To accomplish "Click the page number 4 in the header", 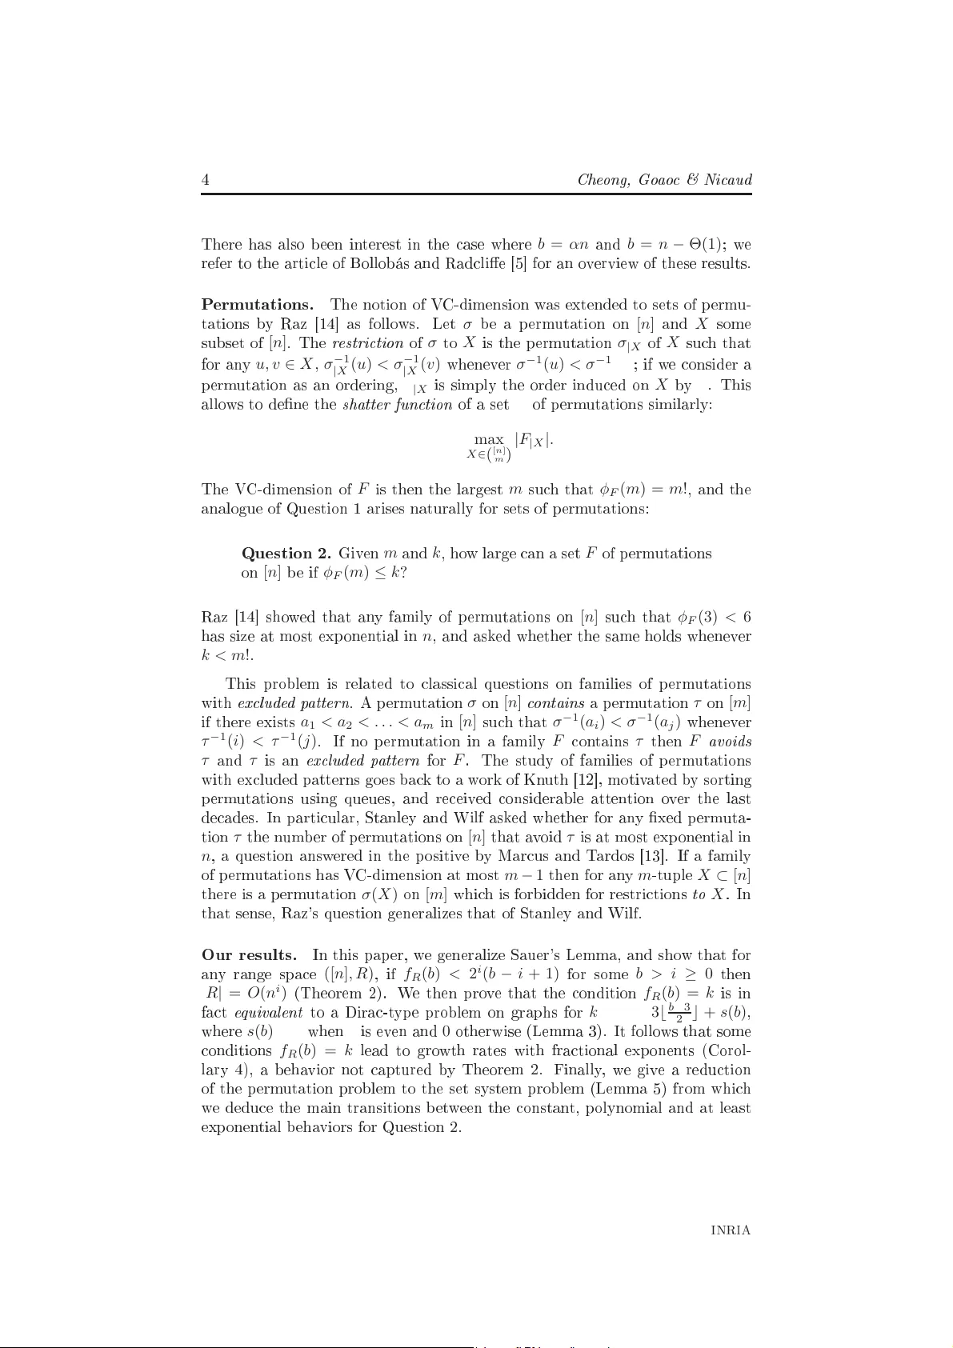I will click(205, 180).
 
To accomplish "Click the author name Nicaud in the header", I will click(728, 180).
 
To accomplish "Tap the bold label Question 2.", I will click(286, 554).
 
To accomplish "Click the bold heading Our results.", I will click(249, 955).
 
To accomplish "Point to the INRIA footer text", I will click(731, 1231).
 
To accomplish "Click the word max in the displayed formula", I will click(489, 439).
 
